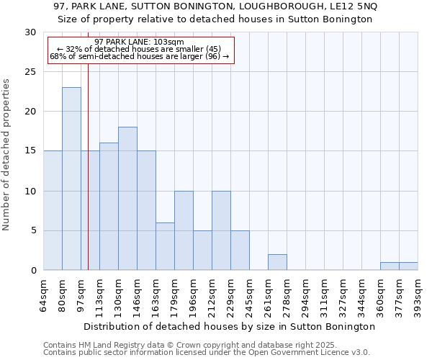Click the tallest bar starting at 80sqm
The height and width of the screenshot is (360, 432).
[71, 179]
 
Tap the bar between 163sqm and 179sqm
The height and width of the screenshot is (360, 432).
[165, 246]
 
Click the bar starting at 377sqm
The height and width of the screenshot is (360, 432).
[408, 266]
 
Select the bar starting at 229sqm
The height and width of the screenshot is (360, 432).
[240, 251]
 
